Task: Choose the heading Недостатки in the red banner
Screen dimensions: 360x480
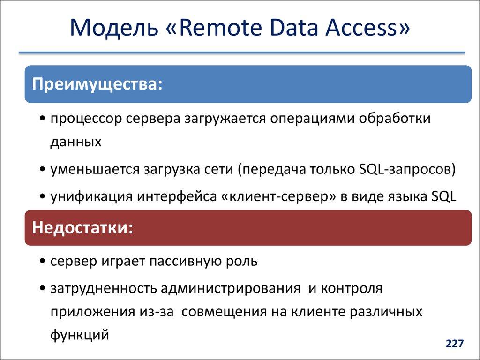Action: point(82,228)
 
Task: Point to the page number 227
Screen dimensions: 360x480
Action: point(454,344)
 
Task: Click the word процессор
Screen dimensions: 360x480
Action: point(86,119)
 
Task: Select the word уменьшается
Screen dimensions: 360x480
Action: point(92,169)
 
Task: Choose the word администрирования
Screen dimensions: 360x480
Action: point(230,288)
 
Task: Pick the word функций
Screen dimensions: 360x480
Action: point(80,334)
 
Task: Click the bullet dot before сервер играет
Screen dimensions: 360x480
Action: point(43,261)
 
